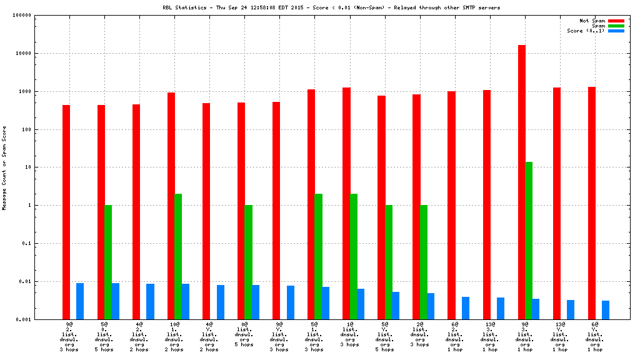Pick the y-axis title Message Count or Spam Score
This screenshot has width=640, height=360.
point(4,167)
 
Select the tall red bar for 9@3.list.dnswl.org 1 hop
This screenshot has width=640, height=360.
point(521,181)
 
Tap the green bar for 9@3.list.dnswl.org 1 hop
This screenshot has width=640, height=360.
point(529,241)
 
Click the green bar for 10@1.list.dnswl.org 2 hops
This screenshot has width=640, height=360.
point(178,256)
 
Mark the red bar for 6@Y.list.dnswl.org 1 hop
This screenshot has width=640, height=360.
point(591,203)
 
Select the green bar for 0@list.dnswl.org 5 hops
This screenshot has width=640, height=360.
point(248,262)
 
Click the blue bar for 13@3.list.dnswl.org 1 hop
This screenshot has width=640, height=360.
point(501,308)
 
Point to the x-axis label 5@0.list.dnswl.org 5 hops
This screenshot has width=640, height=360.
point(104,337)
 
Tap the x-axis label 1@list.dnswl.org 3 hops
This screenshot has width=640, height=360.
point(349,334)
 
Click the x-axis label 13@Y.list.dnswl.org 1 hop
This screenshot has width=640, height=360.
point(560,337)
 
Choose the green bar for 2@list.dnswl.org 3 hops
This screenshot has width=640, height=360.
point(423,262)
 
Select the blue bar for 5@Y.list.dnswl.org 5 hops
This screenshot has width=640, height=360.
point(396,306)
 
